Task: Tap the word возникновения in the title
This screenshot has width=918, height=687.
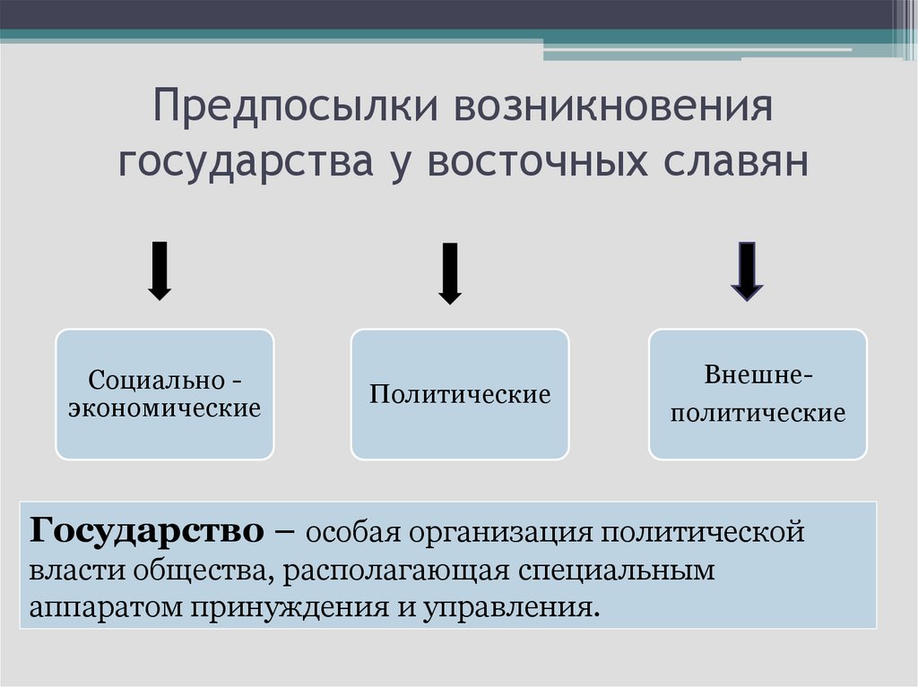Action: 613,106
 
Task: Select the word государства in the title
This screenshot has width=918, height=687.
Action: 246,162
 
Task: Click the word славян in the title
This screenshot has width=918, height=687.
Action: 735,161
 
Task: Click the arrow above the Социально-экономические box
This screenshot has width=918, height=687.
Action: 160,271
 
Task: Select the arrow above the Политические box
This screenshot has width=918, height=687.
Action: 450,274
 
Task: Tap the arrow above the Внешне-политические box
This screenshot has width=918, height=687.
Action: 747,271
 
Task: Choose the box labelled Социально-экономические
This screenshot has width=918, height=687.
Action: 165,394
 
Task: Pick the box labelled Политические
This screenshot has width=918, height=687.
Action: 460,394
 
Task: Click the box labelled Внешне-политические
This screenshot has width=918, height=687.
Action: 758,394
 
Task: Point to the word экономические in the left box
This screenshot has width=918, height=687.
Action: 165,408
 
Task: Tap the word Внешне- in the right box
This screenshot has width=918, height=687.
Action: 758,374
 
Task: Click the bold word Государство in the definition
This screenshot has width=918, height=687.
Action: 146,531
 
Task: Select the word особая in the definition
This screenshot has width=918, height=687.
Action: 353,533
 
